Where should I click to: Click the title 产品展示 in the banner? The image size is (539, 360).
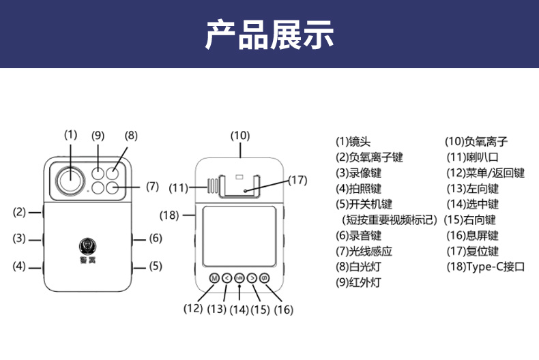(269, 35)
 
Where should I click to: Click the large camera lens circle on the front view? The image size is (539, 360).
(70, 180)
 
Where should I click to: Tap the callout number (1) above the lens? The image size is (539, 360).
(71, 134)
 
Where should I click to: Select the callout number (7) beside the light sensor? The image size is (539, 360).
(152, 185)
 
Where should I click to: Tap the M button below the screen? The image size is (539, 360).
(214, 278)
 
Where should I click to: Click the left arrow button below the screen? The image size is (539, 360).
(227, 278)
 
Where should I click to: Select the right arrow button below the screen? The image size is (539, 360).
(252, 278)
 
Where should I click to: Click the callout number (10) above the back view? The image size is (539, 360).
(239, 135)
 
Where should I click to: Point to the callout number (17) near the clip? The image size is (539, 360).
(297, 180)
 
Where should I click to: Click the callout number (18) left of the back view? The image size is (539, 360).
(169, 215)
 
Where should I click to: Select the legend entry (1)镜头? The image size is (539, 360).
(353, 142)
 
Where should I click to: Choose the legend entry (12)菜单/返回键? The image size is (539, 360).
(485, 173)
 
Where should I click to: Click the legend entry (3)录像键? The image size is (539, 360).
(358, 173)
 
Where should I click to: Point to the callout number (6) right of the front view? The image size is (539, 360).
(156, 238)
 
